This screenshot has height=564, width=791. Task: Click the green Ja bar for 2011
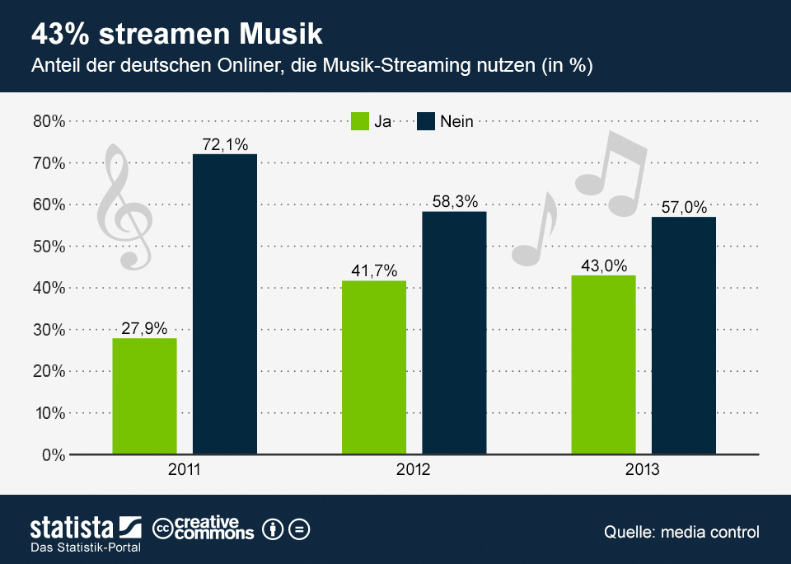(144, 396)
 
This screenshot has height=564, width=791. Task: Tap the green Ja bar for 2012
(374, 367)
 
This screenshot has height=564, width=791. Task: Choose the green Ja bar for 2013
(603, 364)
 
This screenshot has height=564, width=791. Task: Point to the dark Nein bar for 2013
(683, 335)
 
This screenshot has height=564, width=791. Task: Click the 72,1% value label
(225, 145)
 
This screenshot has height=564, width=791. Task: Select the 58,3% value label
(454, 202)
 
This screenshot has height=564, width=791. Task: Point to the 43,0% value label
(603, 266)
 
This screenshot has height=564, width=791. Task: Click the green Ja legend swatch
(360, 121)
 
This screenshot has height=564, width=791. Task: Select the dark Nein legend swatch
(425, 121)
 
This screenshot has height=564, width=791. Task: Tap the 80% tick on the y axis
(48, 121)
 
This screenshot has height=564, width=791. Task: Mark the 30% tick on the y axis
(48, 330)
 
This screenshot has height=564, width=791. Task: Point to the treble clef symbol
(124, 206)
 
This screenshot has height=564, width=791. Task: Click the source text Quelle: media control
(681, 532)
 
